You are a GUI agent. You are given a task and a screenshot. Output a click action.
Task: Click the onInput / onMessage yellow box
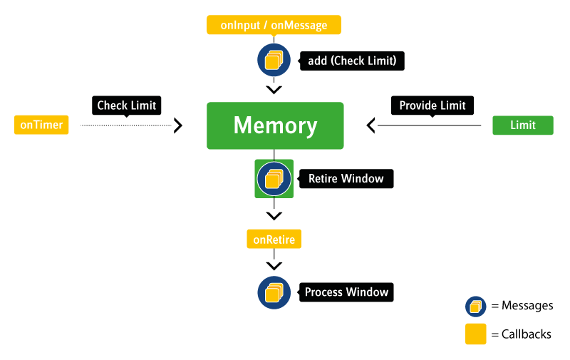point(274,26)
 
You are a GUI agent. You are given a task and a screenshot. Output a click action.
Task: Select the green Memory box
point(275,126)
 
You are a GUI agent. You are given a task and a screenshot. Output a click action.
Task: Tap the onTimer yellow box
point(41,125)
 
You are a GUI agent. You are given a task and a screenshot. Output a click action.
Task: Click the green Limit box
point(523,125)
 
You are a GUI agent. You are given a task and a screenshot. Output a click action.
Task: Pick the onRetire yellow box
point(274,239)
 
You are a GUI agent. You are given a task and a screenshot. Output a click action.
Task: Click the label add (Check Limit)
point(352,61)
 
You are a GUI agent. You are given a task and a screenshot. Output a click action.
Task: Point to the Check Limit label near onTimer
point(127,106)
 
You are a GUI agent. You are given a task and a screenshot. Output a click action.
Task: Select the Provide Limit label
point(432,106)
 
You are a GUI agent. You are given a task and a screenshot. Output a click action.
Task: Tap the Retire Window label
point(346,178)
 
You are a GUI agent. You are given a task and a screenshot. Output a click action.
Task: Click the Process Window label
point(347,292)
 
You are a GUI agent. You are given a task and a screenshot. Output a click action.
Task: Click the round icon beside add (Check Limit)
point(274,60)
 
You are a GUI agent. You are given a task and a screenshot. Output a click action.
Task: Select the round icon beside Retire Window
point(274,178)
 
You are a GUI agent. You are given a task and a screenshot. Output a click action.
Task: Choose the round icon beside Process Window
point(274,292)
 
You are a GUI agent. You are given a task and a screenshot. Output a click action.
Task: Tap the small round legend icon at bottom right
point(476,307)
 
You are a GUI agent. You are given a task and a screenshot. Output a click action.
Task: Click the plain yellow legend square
point(476,334)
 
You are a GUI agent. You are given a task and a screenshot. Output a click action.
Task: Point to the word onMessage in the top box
point(299,26)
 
